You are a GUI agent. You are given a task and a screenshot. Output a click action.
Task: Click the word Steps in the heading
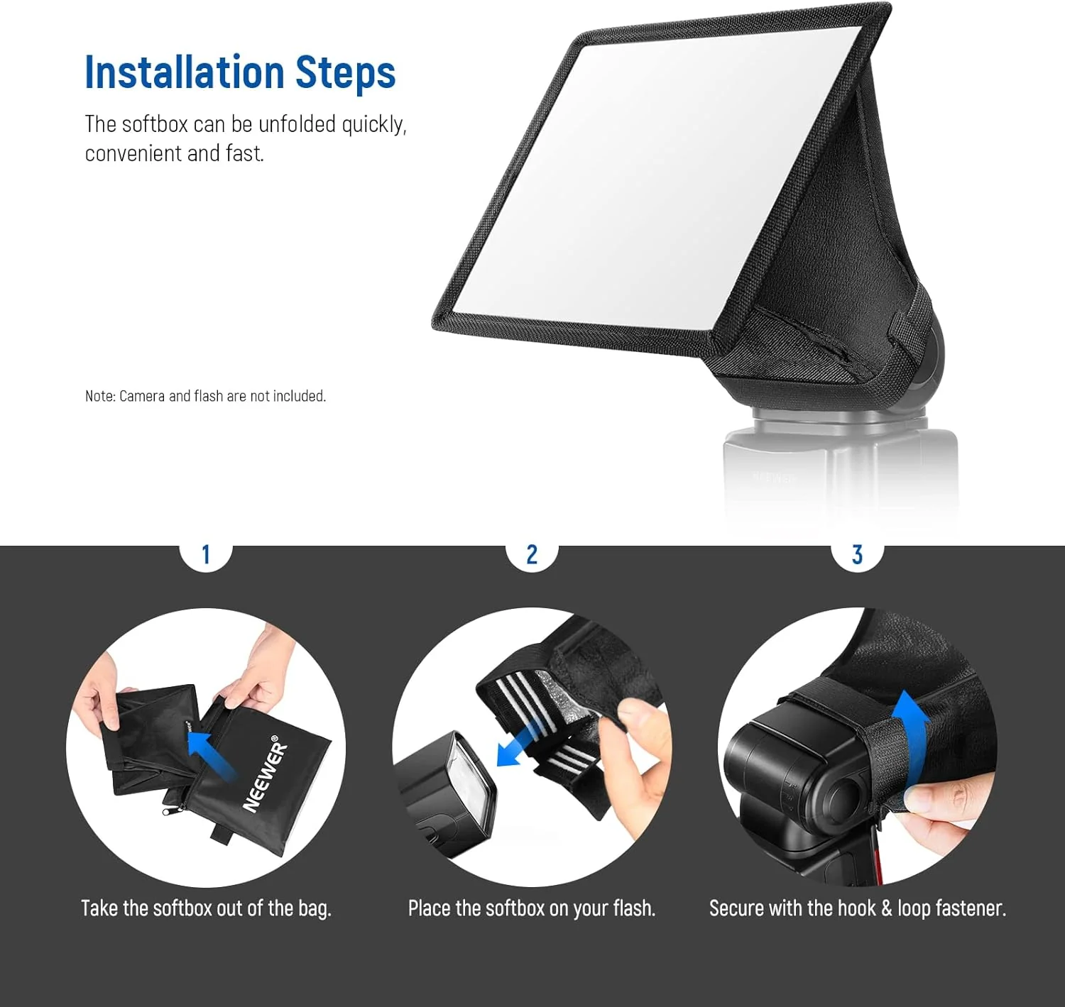[345, 74]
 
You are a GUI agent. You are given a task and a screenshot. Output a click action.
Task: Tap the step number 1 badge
[206, 555]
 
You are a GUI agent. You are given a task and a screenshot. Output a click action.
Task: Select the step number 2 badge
[532, 555]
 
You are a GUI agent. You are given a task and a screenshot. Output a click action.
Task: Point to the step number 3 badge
[857, 555]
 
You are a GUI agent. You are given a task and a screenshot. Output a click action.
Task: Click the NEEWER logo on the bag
[266, 776]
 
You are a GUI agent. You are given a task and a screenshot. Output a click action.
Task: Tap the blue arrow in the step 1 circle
[211, 755]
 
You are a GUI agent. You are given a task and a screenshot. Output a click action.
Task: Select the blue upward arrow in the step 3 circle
[910, 731]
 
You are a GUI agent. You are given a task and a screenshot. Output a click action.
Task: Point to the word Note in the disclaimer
[99, 396]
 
